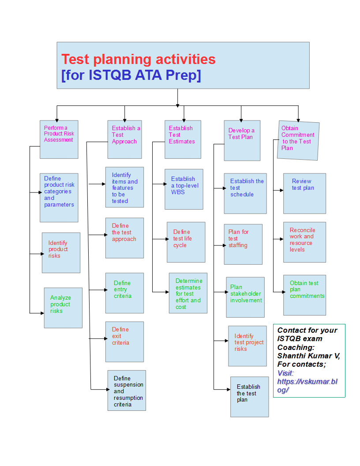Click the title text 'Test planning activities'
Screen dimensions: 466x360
click(x=138, y=59)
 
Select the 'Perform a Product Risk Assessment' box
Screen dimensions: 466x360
click(x=59, y=139)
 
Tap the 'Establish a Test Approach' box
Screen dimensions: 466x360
click(x=124, y=139)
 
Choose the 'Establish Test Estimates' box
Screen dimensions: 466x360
click(x=183, y=139)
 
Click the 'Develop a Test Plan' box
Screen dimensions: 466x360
click(x=242, y=140)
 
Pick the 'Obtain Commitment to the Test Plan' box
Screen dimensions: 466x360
click(x=299, y=140)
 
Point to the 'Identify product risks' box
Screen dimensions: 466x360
click(x=61, y=252)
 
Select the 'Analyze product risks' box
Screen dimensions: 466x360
click(x=63, y=308)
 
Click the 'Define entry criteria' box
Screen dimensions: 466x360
click(x=124, y=293)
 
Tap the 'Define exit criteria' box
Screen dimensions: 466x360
click(x=124, y=342)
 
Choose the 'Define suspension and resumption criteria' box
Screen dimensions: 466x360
click(x=127, y=391)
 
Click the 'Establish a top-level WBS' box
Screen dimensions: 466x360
click(x=184, y=189)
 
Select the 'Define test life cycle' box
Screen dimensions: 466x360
click(x=186, y=242)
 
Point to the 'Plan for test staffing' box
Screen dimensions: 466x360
click(x=243, y=244)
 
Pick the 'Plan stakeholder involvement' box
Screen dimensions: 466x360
click(x=245, y=297)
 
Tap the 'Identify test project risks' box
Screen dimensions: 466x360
click(x=247, y=346)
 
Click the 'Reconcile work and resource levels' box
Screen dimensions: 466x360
click(x=304, y=242)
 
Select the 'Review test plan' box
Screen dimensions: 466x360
click(x=304, y=193)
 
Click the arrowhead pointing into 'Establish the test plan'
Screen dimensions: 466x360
click(x=228, y=389)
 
